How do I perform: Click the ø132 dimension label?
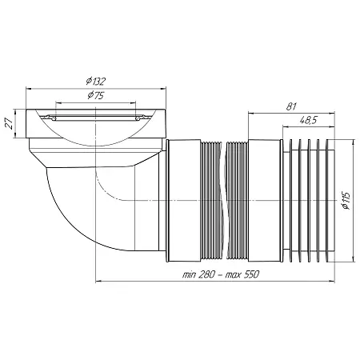click(96, 81)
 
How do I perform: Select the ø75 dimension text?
click(96, 95)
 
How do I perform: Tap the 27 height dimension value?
click(10, 124)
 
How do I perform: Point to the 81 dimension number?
click(291, 106)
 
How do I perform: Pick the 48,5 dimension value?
click(308, 121)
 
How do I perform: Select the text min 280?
click(198, 274)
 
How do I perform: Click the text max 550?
click(242, 274)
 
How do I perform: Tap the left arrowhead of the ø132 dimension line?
click(28, 90)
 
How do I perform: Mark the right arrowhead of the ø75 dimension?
click(134, 102)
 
